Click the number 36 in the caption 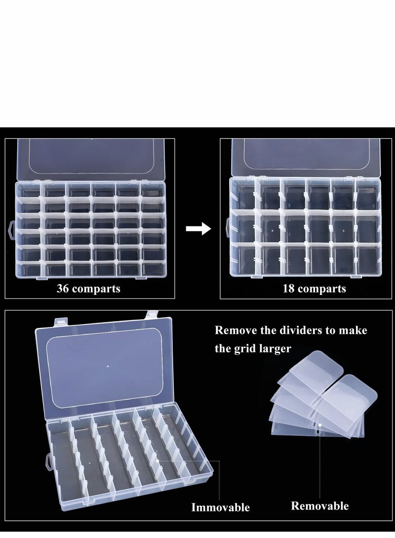64,288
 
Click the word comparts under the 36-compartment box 97,288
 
